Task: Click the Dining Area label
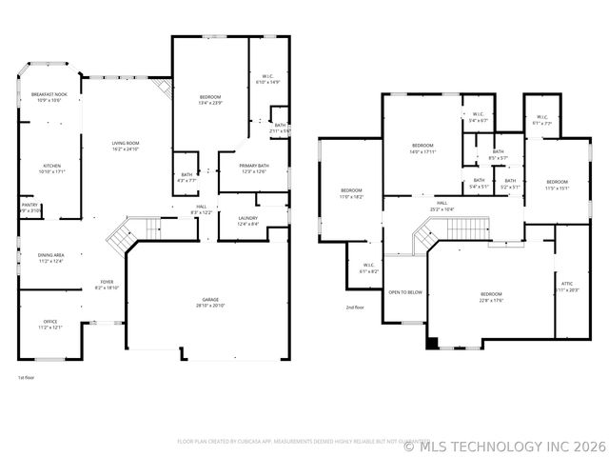click(50, 257)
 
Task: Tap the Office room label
click(50, 324)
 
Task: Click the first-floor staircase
click(122, 236)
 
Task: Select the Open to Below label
click(405, 292)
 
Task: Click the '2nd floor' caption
click(355, 307)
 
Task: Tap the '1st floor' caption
click(27, 377)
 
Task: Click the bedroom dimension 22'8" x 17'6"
click(490, 301)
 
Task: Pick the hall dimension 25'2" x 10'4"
click(442, 209)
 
